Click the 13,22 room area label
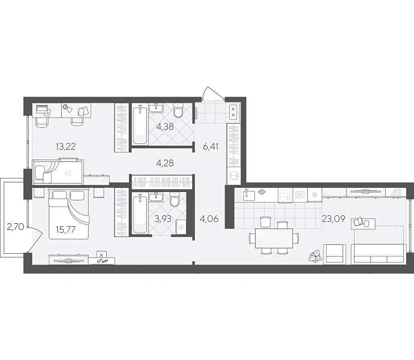click(x=66, y=146)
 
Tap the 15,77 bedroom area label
click(x=65, y=229)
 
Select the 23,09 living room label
click(x=334, y=218)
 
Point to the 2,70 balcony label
click(x=16, y=227)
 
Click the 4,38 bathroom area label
click(x=165, y=127)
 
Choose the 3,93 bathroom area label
click(x=163, y=218)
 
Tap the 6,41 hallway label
click(x=211, y=146)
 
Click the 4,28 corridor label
click(x=165, y=163)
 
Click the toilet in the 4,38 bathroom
click(x=178, y=110)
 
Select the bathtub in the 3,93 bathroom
click(x=139, y=213)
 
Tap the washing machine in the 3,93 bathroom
click(x=181, y=227)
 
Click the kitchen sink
click(x=248, y=195)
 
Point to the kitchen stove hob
click(x=286, y=196)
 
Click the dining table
click(x=274, y=239)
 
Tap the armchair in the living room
click(x=335, y=254)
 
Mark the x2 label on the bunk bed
click(x=68, y=173)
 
